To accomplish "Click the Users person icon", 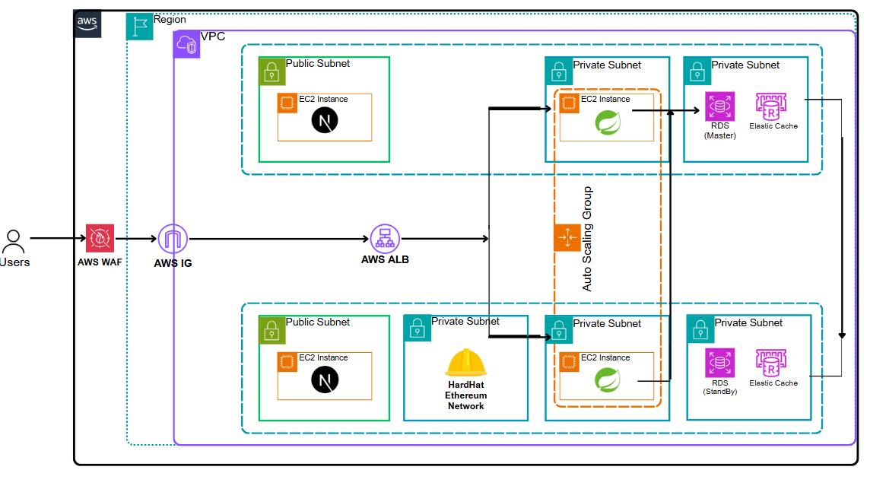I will tap(13, 241).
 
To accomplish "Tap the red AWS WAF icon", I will tap(100, 239).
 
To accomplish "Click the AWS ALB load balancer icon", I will tap(385, 239).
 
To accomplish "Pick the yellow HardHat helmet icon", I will tap(465, 363).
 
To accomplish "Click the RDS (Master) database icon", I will tap(719, 106).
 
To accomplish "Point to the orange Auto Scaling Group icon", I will tap(567, 239).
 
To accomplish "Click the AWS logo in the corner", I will tap(87, 24).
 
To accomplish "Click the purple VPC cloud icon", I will tap(187, 45).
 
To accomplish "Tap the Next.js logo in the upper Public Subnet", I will tap(325, 121).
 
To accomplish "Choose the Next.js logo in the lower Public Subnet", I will tap(325, 379).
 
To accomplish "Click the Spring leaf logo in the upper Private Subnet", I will tap(607, 122).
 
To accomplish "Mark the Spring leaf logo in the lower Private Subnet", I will tap(607, 379).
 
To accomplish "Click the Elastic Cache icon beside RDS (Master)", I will tap(771, 106).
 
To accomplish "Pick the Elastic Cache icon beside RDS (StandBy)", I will tap(771, 363).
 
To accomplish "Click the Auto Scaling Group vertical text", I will tap(587, 239).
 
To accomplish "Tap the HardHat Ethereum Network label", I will tap(466, 395).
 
